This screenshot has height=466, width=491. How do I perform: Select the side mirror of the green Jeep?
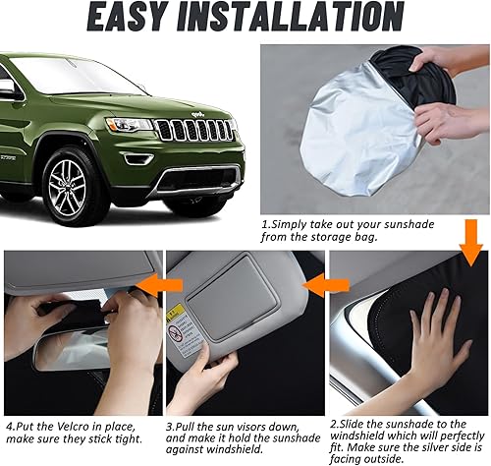(8, 88)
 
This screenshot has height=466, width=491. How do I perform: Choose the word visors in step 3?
(260, 426)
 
